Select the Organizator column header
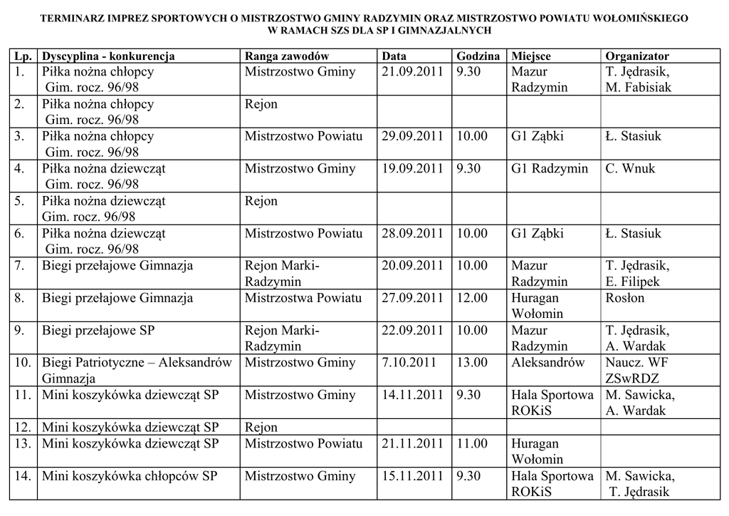pyautogui.click(x=636, y=56)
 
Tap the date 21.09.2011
pyautogui.click(x=412, y=72)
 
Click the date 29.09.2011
pyautogui.click(x=412, y=137)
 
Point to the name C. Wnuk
pyautogui.click(x=630, y=169)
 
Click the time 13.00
pyautogui.click(x=472, y=363)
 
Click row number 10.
pyautogui.click(x=23, y=363)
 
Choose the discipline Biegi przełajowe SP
pyautogui.click(x=98, y=331)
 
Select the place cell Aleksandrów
pyautogui.click(x=547, y=363)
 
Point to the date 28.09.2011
pyautogui.click(x=412, y=234)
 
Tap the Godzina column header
pyautogui.click(x=478, y=56)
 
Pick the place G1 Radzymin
pyautogui.click(x=550, y=169)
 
